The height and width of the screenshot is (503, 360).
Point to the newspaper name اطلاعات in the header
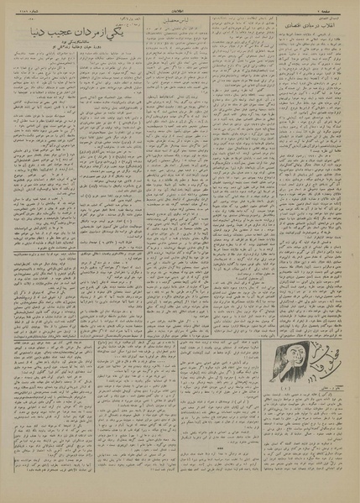(180, 7)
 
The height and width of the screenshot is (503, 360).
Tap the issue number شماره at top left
(18, 7)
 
